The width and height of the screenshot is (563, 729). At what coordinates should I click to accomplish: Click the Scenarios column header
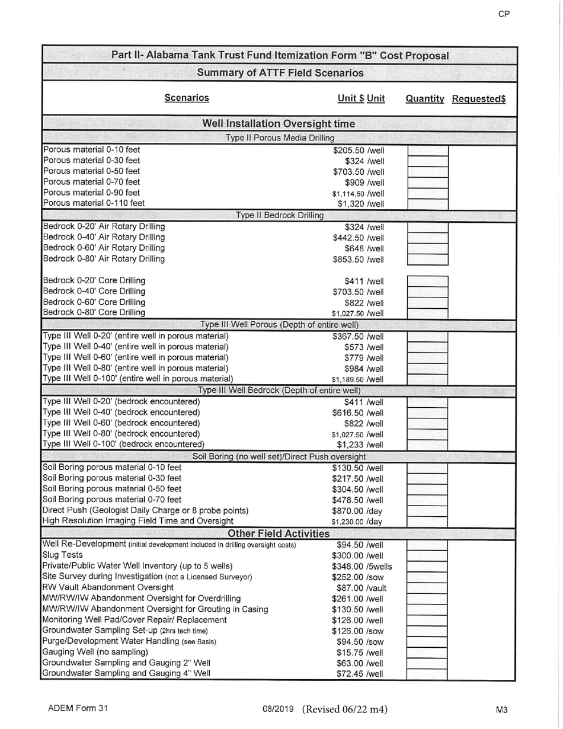186,98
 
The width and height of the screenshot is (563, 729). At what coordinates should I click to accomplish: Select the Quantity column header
424,99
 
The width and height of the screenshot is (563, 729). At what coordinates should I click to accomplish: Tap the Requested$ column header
479,99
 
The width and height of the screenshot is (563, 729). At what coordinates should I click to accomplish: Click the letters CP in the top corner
504,14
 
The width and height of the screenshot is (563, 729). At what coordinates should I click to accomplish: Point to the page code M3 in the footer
503,709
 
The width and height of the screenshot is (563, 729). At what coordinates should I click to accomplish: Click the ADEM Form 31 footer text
78,709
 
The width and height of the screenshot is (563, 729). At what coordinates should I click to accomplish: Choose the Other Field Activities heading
279,533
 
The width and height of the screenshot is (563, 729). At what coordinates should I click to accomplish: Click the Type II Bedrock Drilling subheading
279,215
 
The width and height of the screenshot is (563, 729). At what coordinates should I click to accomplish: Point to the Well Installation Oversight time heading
279,124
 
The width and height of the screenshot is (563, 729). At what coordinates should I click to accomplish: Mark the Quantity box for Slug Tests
427,555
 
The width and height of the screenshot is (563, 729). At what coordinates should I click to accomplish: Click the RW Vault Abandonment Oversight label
100,587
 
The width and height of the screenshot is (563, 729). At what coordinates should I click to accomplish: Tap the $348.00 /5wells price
362,566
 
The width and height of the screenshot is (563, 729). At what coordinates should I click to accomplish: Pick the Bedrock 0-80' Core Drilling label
94,312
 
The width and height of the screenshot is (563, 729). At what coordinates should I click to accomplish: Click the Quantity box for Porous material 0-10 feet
427,151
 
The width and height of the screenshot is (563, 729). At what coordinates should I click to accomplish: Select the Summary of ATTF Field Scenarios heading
280,73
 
